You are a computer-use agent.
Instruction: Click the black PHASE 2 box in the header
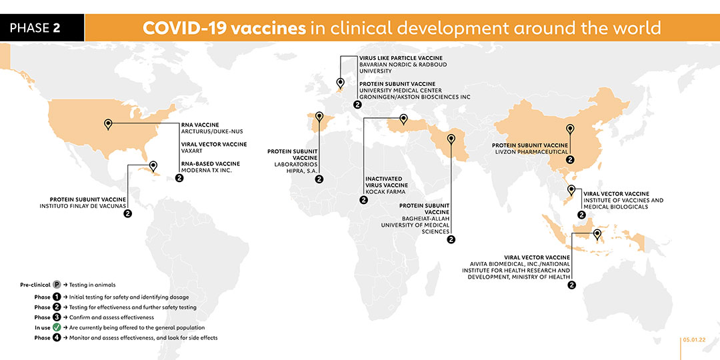coord(42,27)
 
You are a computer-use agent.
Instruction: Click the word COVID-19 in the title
coord(185,28)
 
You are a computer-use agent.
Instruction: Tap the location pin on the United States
coord(109,124)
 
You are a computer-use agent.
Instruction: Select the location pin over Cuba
coord(153,166)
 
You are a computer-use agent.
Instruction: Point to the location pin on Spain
coord(319,117)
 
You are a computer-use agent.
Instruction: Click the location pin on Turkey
coord(403,119)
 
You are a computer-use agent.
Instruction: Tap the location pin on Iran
coord(451,139)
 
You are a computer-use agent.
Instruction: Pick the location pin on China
coord(570,129)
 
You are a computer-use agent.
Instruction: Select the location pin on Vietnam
coord(571,190)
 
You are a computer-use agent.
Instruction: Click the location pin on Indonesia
coord(597,235)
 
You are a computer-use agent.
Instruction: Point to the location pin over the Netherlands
coord(340,83)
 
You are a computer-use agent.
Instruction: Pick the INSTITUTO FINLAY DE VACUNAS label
coord(83,206)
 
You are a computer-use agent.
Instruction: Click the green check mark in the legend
coord(57,328)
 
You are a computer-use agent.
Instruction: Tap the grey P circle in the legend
coord(57,285)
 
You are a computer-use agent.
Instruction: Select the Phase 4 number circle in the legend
coord(57,339)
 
